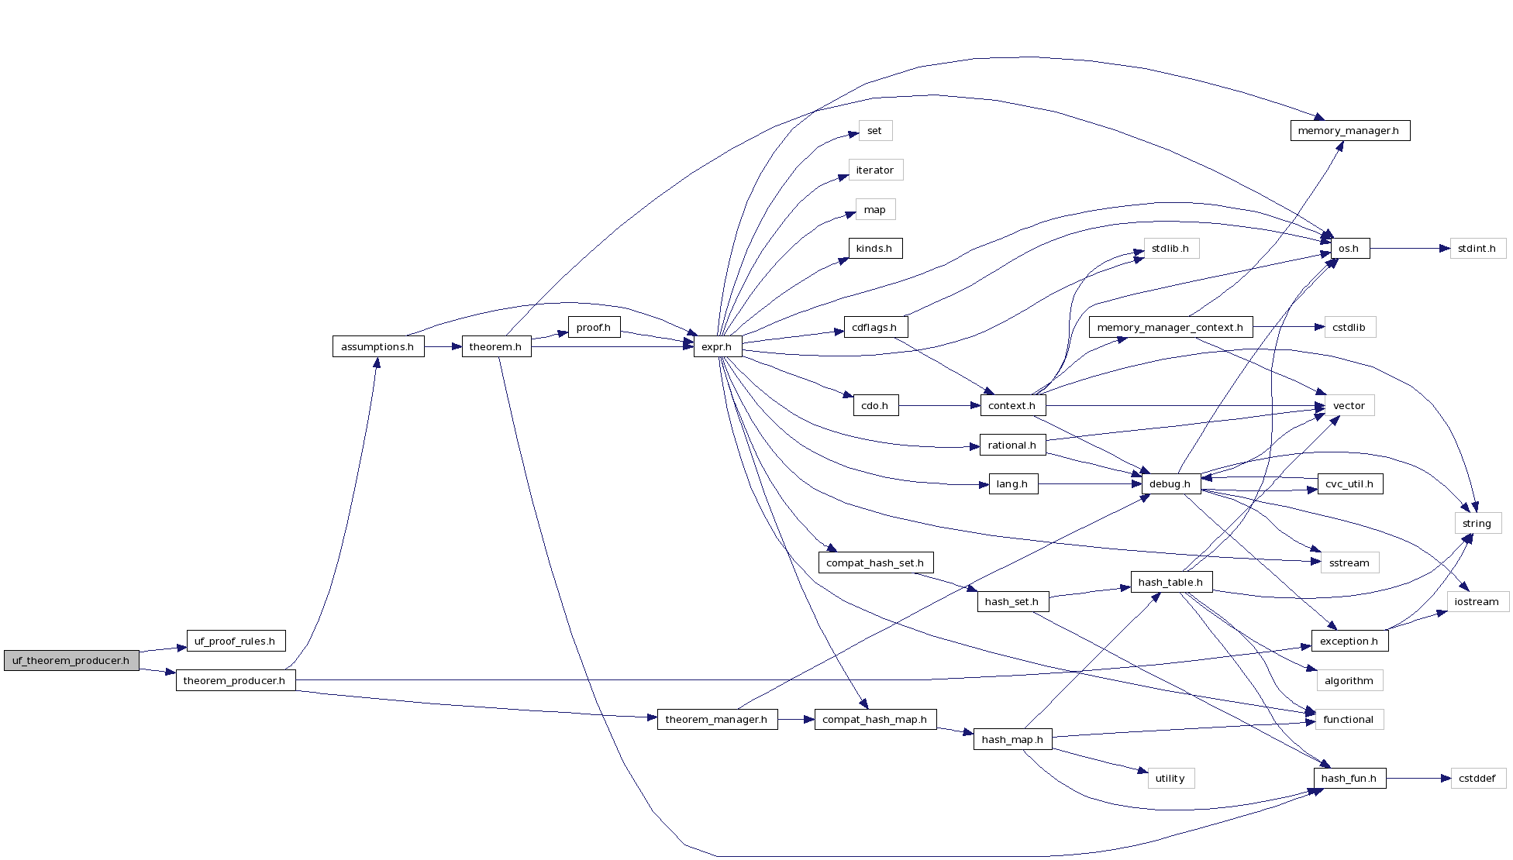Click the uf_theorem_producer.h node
point(71,661)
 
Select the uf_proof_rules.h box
point(236,642)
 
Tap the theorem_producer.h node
point(235,681)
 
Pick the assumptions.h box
point(377,347)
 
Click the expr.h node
point(717,347)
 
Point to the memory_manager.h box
point(1349,131)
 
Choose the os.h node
point(1349,249)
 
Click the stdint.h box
point(1477,249)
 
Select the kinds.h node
point(875,249)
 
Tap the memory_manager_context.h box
point(1170,328)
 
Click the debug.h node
point(1170,484)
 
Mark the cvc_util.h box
point(1349,484)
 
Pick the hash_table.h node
point(1170,583)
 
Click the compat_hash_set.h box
point(875,563)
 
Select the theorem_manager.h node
point(717,720)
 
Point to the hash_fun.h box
point(1349,779)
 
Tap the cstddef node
point(1477,779)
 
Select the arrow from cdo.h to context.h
point(939,406)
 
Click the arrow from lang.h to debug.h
point(1089,484)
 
